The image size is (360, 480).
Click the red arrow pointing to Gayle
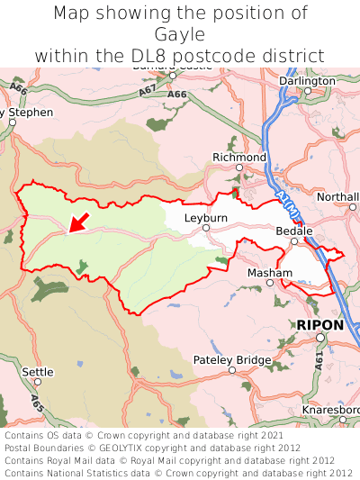[x=79, y=222]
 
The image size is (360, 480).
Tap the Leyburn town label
[x=206, y=218]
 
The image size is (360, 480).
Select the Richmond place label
[x=239, y=158]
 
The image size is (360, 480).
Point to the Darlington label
[x=307, y=80]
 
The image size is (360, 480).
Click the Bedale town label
[x=293, y=231]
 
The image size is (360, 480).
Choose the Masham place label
[x=269, y=272]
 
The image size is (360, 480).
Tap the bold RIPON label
[x=319, y=324]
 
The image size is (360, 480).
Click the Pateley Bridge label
[x=232, y=360]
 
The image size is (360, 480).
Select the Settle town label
[x=38, y=371]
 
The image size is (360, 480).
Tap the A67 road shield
[x=121, y=91]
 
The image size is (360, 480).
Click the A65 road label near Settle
[x=36, y=402]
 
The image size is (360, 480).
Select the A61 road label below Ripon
[x=319, y=362]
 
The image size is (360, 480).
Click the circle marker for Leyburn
[x=206, y=229]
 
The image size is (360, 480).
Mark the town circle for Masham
[x=269, y=283]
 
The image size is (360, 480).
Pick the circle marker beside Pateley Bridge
[x=232, y=371]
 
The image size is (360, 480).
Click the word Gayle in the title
[x=180, y=34]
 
